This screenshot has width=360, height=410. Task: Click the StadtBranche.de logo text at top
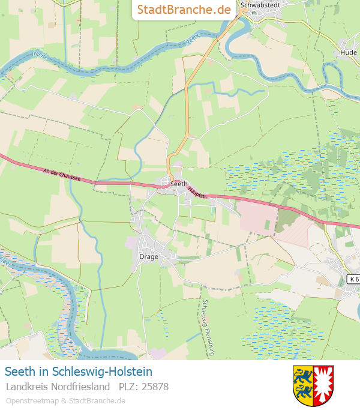point(184,10)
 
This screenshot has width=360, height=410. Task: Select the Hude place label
point(348,52)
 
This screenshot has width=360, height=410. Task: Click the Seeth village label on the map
point(179,184)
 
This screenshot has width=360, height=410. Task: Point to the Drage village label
point(149,256)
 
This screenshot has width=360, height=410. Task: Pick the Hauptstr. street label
point(196,191)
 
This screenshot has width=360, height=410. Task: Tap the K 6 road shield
point(353,279)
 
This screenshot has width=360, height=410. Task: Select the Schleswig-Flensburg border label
point(208,327)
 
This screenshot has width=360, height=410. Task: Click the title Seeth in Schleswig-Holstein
point(79,372)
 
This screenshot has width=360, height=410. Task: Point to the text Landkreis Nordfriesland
point(58,387)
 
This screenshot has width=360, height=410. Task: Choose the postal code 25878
point(143,387)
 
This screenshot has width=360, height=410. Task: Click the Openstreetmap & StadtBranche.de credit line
point(65,400)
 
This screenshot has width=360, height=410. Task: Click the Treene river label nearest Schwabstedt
point(193,41)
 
